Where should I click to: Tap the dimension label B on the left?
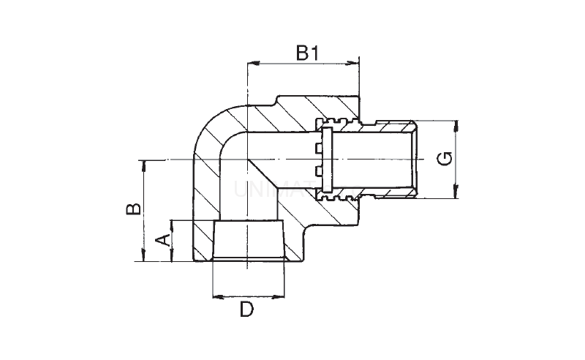click(132, 210)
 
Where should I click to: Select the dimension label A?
click(165, 239)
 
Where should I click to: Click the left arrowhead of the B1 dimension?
click(253, 63)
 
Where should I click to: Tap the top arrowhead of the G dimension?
click(456, 124)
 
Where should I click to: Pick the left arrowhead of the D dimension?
click(216, 296)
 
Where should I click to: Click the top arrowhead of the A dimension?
click(172, 223)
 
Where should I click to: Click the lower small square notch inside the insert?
click(318, 171)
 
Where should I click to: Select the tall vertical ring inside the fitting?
click(327, 159)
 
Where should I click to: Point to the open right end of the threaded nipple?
click(414, 159)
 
